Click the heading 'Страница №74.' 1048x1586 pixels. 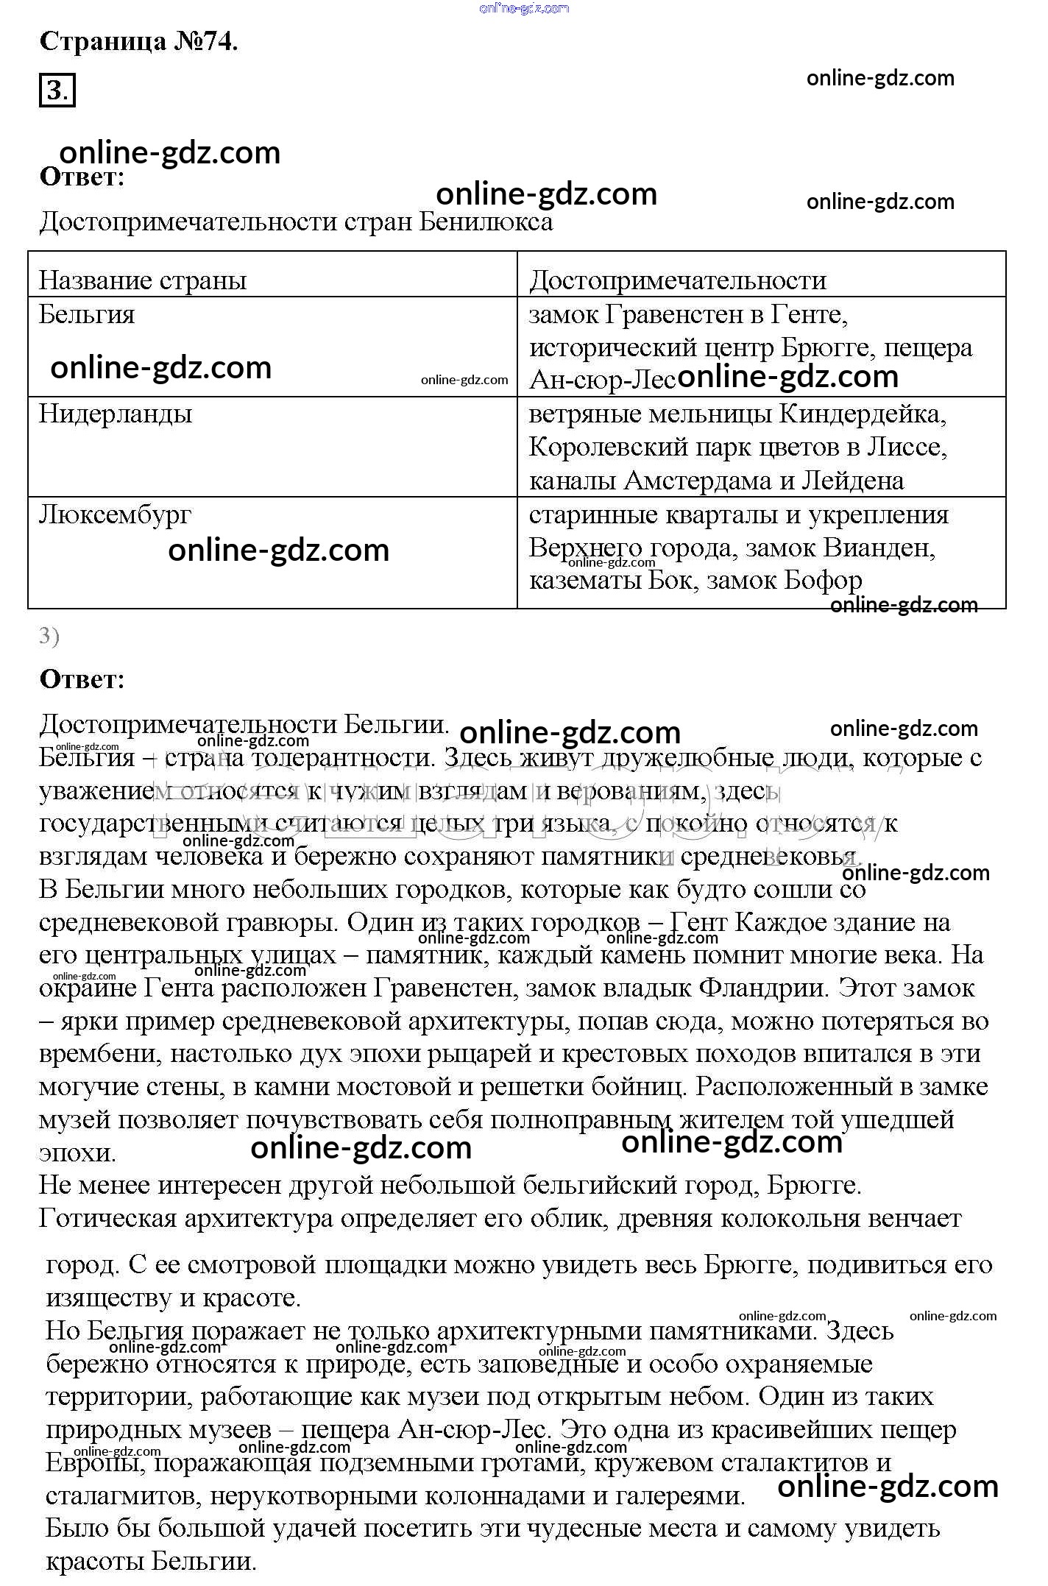coord(138,41)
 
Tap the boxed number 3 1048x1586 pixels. coord(57,91)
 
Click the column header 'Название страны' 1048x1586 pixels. coord(143,280)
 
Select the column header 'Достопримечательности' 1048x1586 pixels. coord(678,280)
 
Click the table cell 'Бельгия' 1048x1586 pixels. coord(87,315)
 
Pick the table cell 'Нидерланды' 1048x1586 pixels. coord(116,414)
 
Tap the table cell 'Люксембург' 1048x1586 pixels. coord(115,514)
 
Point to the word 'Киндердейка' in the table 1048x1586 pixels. coord(862,414)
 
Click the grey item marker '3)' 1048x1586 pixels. coord(49,636)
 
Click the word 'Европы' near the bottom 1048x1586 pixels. coord(92,1463)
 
